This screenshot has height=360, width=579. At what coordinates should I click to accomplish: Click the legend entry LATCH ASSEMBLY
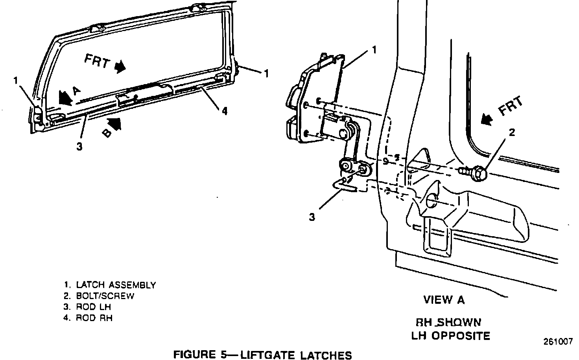click(116, 285)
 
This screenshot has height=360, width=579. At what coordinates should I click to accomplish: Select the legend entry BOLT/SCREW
click(105, 296)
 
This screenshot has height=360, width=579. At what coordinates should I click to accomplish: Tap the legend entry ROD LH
click(94, 307)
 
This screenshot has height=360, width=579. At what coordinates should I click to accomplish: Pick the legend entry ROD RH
click(94, 318)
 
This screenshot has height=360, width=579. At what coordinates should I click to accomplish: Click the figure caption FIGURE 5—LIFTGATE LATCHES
click(262, 355)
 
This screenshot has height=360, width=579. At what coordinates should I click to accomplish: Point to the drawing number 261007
click(558, 342)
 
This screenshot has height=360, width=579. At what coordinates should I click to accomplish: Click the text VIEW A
click(444, 300)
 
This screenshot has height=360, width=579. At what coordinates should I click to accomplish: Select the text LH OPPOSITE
click(450, 336)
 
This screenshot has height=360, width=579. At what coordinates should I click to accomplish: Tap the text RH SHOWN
click(448, 323)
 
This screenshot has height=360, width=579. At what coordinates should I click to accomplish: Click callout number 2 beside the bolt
click(512, 132)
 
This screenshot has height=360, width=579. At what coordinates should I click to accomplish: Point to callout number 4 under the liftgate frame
click(224, 111)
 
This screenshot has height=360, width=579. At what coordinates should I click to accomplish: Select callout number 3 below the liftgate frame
click(79, 147)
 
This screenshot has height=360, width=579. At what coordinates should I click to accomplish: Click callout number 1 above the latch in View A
click(374, 50)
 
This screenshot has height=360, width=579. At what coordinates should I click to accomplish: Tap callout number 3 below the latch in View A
click(312, 217)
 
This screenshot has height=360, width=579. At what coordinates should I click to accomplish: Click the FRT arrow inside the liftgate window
click(119, 67)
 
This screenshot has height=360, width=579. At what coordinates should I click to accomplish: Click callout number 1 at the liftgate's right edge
click(266, 73)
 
